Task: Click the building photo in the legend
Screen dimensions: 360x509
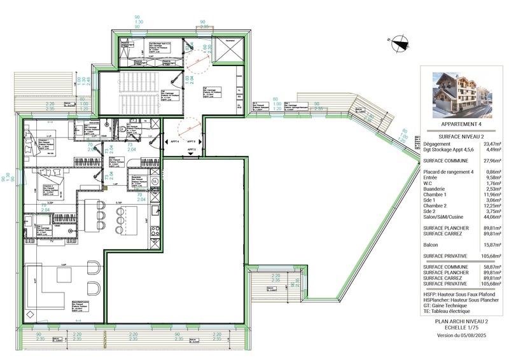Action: click(459, 95)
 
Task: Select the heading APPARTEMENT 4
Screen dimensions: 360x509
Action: click(459, 125)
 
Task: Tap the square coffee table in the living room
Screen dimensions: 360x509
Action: click(66, 275)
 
